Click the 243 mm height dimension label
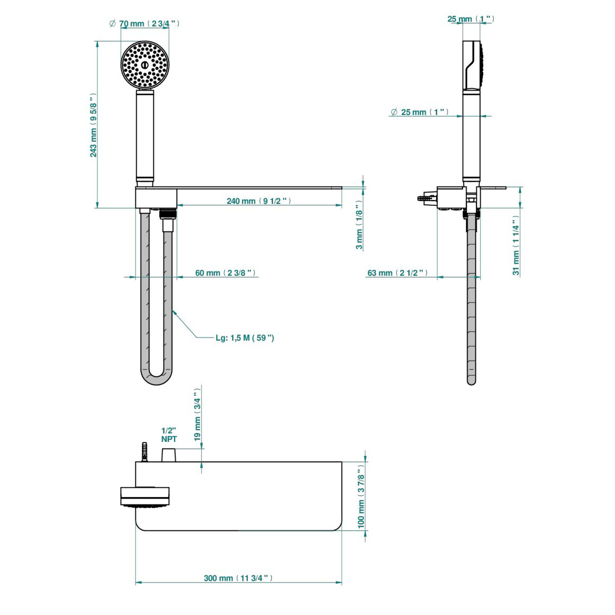[94, 126]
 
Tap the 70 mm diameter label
[144, 24]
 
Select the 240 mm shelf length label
[259, 201]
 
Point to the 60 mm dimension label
[226, 273]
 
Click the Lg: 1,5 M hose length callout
[245, 338]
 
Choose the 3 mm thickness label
[359, 225]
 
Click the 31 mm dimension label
[516, 246]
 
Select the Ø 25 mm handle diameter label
[420, 112]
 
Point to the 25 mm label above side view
[471, 19]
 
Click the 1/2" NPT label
[169, 435]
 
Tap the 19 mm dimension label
[197, 414]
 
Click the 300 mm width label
[238, 578]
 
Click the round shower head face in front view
[145, 65]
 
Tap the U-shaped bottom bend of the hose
[157, 377]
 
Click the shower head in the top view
[144, 497]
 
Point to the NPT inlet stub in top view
[169, 455]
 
